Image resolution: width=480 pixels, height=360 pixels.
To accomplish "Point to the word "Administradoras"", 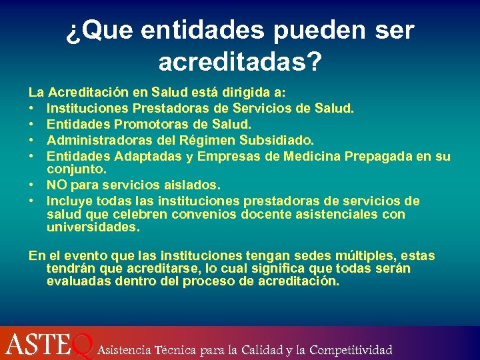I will click(98, 140).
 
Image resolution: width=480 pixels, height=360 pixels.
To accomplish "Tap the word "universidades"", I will click(93, 227).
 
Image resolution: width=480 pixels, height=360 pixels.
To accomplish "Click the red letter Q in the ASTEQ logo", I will click(81, 345).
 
